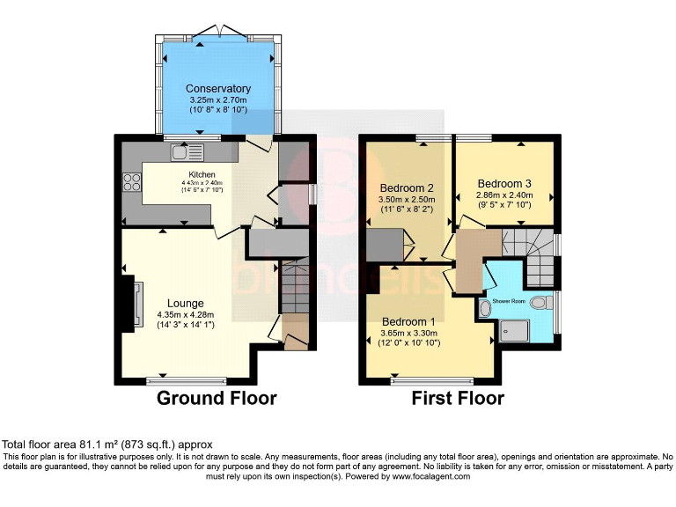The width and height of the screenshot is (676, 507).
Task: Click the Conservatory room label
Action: pos(218,89)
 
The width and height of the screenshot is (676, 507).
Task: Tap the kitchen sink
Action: pos(188,152)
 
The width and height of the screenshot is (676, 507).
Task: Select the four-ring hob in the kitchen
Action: pos(133,182)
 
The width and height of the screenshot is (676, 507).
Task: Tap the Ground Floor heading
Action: pos(217,399)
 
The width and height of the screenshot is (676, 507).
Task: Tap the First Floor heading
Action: pos(458,399)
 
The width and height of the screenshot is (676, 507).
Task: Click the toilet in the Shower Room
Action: pos(485,307)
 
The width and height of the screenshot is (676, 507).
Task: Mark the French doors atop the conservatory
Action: pos(217,32)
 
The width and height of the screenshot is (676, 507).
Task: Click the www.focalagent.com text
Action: pos(426,476)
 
